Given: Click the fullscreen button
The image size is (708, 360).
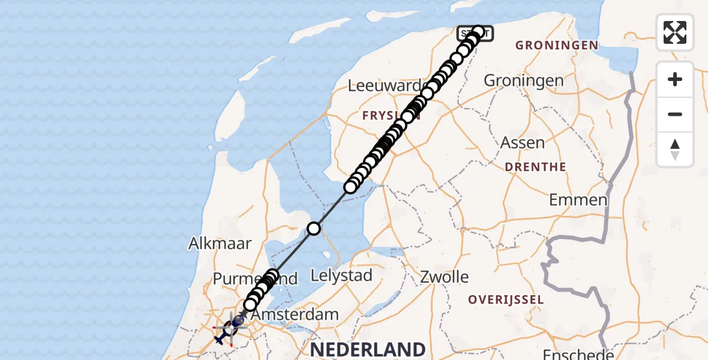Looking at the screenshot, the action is tap(675, 32).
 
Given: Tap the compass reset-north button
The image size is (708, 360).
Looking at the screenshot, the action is tap(675, 149).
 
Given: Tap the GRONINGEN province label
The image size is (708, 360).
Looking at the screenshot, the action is tap(556, 45).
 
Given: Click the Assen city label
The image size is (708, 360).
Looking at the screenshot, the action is tap(523, 143).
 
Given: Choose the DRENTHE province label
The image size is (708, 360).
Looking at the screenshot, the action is tap(536, 167).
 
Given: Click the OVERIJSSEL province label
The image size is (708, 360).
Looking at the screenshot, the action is tap(506, 299).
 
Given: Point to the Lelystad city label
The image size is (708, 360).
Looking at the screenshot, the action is tap(341, 276).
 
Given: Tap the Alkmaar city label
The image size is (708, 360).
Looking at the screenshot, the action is tap(220, 243).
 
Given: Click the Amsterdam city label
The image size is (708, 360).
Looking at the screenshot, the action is tap(294, 314).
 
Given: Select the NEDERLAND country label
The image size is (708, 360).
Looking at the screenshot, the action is tap(367, 349).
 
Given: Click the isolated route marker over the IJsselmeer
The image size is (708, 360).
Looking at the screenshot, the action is tap(314, 228).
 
